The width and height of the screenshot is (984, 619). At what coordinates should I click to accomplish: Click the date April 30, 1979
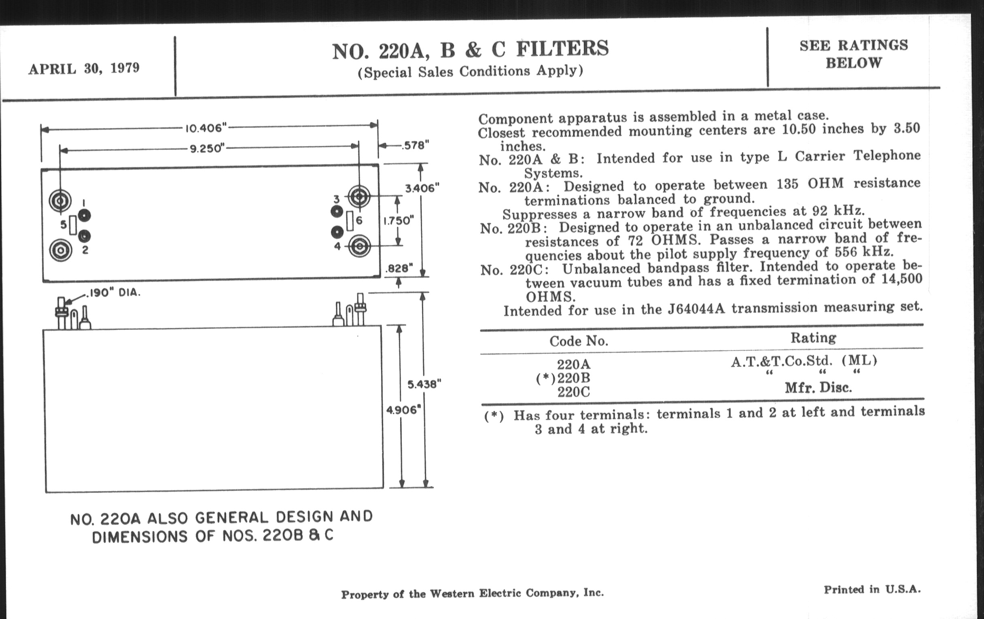coord(84,68)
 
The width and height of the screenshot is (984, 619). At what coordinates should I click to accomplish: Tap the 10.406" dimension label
coord(206,128)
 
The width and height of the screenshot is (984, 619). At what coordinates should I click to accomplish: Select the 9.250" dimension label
coord(208,148)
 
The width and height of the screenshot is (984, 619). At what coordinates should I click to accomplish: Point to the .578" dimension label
coord(415,146)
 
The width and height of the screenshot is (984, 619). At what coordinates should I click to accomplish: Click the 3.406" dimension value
coord(422,189)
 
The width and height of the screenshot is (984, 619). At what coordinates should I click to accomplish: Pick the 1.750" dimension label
coord(399,220)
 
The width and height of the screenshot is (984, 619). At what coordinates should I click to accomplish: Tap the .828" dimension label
coord(399,269)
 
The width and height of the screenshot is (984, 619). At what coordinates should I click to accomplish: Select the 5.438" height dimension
coord(424,384)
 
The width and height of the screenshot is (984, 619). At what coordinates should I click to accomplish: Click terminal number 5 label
coord(64,224)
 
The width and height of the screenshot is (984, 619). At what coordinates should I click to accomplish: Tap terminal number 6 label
coord(359,220)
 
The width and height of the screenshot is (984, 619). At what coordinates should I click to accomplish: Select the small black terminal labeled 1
coord(84,215)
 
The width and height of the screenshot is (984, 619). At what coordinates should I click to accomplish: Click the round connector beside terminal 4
coord(359,246)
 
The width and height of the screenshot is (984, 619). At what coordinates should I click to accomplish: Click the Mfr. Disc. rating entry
coord(818,388)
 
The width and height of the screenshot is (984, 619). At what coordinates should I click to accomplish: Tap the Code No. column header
coord(579,341)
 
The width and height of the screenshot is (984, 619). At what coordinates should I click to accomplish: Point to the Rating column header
coord(813,338)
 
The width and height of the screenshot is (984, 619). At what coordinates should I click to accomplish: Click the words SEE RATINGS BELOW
coord(854,54)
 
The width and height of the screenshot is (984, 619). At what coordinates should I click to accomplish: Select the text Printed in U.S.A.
coord(872,589)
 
